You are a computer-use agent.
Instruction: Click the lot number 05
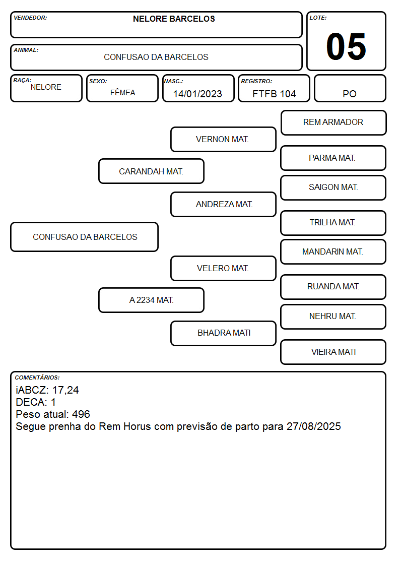coord(346,46)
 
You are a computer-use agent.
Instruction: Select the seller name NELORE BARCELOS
coord(174,19)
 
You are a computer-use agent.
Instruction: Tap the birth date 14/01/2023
coord(197,94)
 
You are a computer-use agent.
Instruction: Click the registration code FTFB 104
coord(274,94)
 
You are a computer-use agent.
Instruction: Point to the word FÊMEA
coord(122,92)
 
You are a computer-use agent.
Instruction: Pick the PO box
coord(350,88)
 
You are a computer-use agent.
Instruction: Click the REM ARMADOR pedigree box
coord(334,123)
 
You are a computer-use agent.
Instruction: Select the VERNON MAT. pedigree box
coord(223,139)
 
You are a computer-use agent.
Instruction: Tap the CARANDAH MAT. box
coord(151,171)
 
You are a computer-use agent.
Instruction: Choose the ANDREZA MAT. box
coord(223,204)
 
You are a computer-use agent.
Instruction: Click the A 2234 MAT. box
coord(151,300)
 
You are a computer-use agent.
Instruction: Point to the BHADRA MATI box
coord(223,333)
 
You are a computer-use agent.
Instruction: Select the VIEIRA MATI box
coord(334,352)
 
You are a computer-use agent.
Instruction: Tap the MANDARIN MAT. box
coord(334,251)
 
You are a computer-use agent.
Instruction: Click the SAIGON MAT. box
coord(334,187)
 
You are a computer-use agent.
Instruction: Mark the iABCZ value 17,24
coord(65,390)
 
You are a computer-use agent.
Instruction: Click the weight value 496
coord(81,414)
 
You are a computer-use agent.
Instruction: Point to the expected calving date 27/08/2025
coord(314,426)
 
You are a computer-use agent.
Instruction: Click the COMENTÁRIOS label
coord(37,378)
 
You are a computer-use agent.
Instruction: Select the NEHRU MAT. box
coord(334,317)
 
